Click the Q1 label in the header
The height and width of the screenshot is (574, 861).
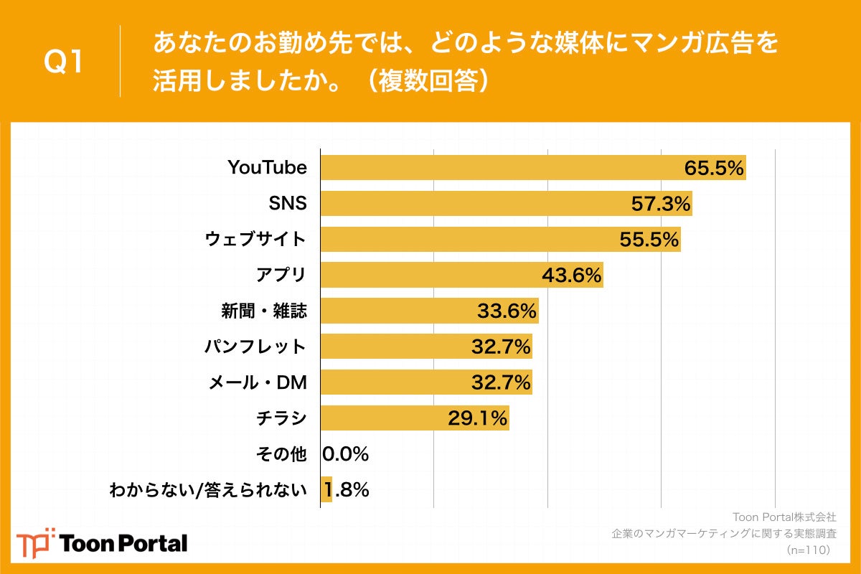click(64, 62)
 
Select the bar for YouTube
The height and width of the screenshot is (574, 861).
click(532, 168)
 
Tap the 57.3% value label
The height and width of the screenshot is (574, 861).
click(660, 204)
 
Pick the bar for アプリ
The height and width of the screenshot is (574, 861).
click(461, 275)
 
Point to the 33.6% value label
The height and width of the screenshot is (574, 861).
click(507, 311)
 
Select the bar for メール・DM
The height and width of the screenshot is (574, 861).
click(426, 382)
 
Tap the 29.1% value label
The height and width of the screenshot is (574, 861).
click(478, 418)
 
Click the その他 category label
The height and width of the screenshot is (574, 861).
click(281, 454)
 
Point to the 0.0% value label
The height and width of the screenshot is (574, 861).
click(345, 454)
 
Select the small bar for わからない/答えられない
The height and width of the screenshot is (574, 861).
click(326, 489)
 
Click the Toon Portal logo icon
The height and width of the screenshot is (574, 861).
click(34, 542)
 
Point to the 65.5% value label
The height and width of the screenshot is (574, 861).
click(713, 168)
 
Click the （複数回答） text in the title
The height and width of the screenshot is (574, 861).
click(428, 81)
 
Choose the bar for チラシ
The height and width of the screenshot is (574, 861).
click(414, 418)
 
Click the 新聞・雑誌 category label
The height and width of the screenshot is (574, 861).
click(263, 311)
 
